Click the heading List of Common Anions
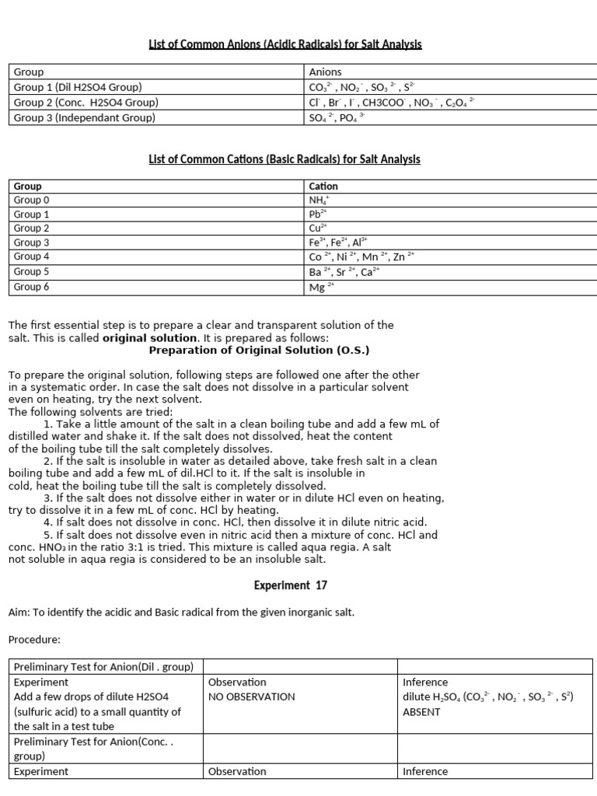[x=285, y=45]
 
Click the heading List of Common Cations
[x=285, y=159]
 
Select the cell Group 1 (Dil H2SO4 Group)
[x=78, y=87]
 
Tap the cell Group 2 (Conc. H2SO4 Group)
[x=86, y=103]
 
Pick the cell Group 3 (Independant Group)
[x=85, y=117]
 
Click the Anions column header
[x=325, y=72]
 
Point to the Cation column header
[x=323, y=187]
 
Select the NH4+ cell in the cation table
[x=319, y=201]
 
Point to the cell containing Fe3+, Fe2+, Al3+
[x=338, y=243]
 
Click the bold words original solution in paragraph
[x=149, y=338]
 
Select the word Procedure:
[x=33, y=640]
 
